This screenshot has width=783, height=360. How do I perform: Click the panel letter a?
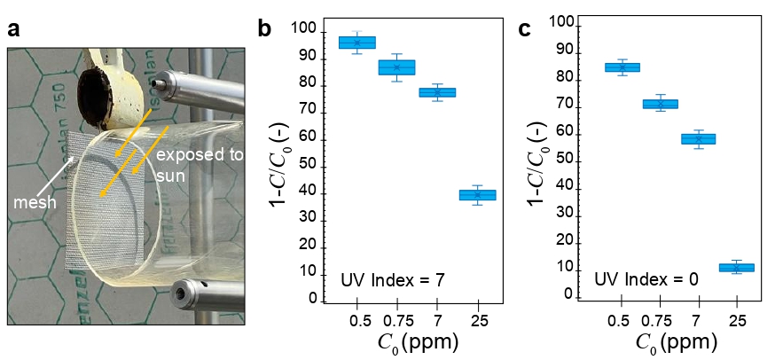tap(13, 29)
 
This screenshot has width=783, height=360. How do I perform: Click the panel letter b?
tap(264, 28)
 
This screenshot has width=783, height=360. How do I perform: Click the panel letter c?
tap(525, 28)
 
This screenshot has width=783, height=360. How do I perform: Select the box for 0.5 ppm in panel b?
tap(357, 43)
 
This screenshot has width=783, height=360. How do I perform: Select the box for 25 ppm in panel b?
tap(477, 195)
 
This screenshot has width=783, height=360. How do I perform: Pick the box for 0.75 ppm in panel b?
tap(397, 67)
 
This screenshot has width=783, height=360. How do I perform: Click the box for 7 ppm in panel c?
tap(698, 138)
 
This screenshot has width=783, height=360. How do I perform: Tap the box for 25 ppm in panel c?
tap(737, 267)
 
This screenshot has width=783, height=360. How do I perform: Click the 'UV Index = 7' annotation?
tap(393, 280)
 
